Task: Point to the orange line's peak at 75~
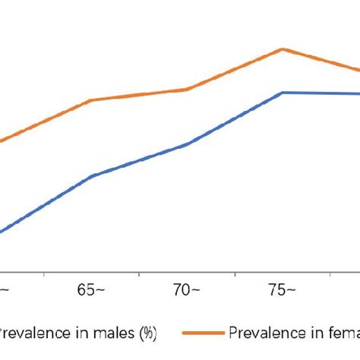tap(283, 49)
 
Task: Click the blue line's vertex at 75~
tap(283, 93)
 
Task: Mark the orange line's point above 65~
tap(92, 99)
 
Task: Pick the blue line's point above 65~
tap(92, 176)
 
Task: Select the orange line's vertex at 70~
tap(188, 89)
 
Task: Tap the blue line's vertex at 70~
tap(188, 143)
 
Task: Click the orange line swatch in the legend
tap(204, 333)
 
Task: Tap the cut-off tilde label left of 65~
tap(5, 291)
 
